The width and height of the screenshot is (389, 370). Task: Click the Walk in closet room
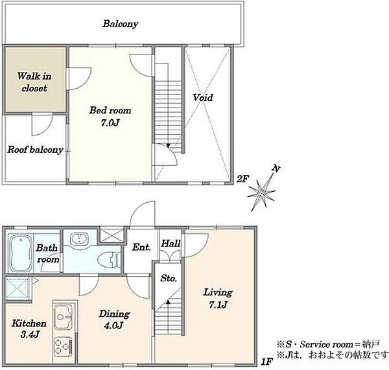click(x=36, y=79)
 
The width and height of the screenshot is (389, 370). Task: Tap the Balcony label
click(x=121, y=24)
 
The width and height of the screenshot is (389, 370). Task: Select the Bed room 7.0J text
click(x=110, y=116)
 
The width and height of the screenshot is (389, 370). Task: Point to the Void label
click(x=203, y=97)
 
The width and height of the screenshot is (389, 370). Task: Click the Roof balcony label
click(x=35, y=150)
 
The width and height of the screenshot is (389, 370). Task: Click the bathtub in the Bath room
click(x=20, y=253)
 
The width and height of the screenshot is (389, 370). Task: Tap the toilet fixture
click(x=109, y=260)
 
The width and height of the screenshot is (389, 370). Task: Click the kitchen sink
click(x=64, y=317)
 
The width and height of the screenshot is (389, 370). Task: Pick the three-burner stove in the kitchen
click(x=64, y=347)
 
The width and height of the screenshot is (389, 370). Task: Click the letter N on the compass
click(x=276, y=169)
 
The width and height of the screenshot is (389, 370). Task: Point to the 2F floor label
click(x=242, y=179)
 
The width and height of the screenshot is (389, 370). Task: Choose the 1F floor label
click(x=267, y=362)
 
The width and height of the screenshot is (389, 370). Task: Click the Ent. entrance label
click(x=141, y=248)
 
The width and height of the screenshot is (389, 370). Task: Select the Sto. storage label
click(x=169, y=278)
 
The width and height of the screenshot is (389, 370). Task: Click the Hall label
click(x=171, y=243)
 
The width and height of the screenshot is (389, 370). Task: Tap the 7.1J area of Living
click(x=218, y=305)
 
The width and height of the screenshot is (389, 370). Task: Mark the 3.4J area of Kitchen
click(x=30, y=334)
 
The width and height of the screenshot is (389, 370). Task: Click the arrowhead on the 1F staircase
click(x=169, y=302)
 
